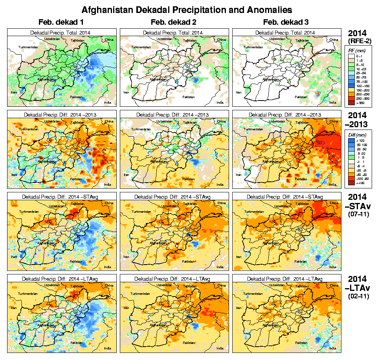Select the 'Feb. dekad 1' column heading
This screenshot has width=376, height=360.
tap(61, 22)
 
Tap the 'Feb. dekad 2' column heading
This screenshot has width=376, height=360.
tap(174, 22)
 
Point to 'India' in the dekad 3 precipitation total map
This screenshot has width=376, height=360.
tap(332, 102)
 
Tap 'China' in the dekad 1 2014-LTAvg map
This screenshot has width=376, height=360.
tap(109, 285)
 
